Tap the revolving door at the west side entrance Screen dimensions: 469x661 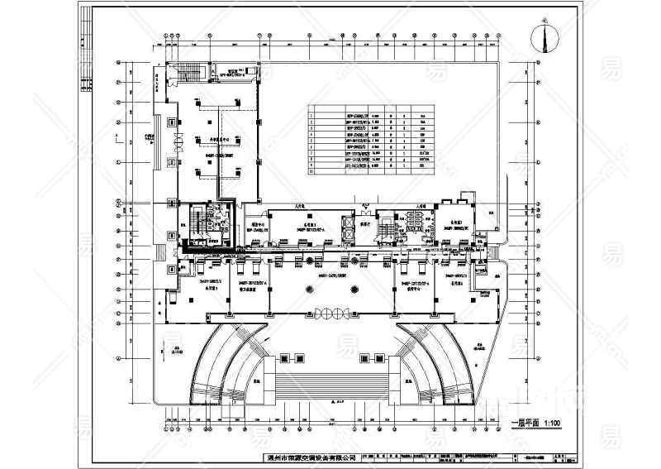tap(174, 140)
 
